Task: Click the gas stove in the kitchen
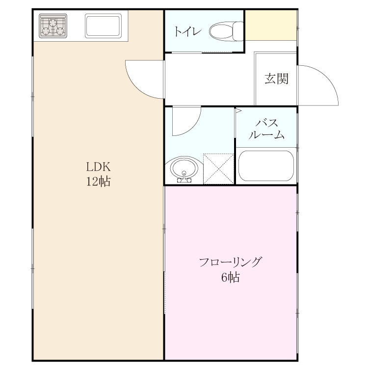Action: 53,26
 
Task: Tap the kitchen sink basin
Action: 103,26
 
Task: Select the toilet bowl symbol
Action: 226,31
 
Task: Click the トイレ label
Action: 188,31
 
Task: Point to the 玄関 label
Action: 276,79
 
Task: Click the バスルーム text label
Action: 266,129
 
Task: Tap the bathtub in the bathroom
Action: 266,166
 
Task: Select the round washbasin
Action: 184,169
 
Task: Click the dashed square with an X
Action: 218,169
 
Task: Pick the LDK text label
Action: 98,167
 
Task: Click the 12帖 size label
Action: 99,181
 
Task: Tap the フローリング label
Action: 230,262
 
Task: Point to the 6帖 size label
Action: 230,277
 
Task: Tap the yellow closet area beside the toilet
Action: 271,26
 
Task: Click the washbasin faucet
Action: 184,177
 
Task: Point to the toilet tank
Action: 238,31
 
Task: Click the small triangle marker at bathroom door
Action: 238,110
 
